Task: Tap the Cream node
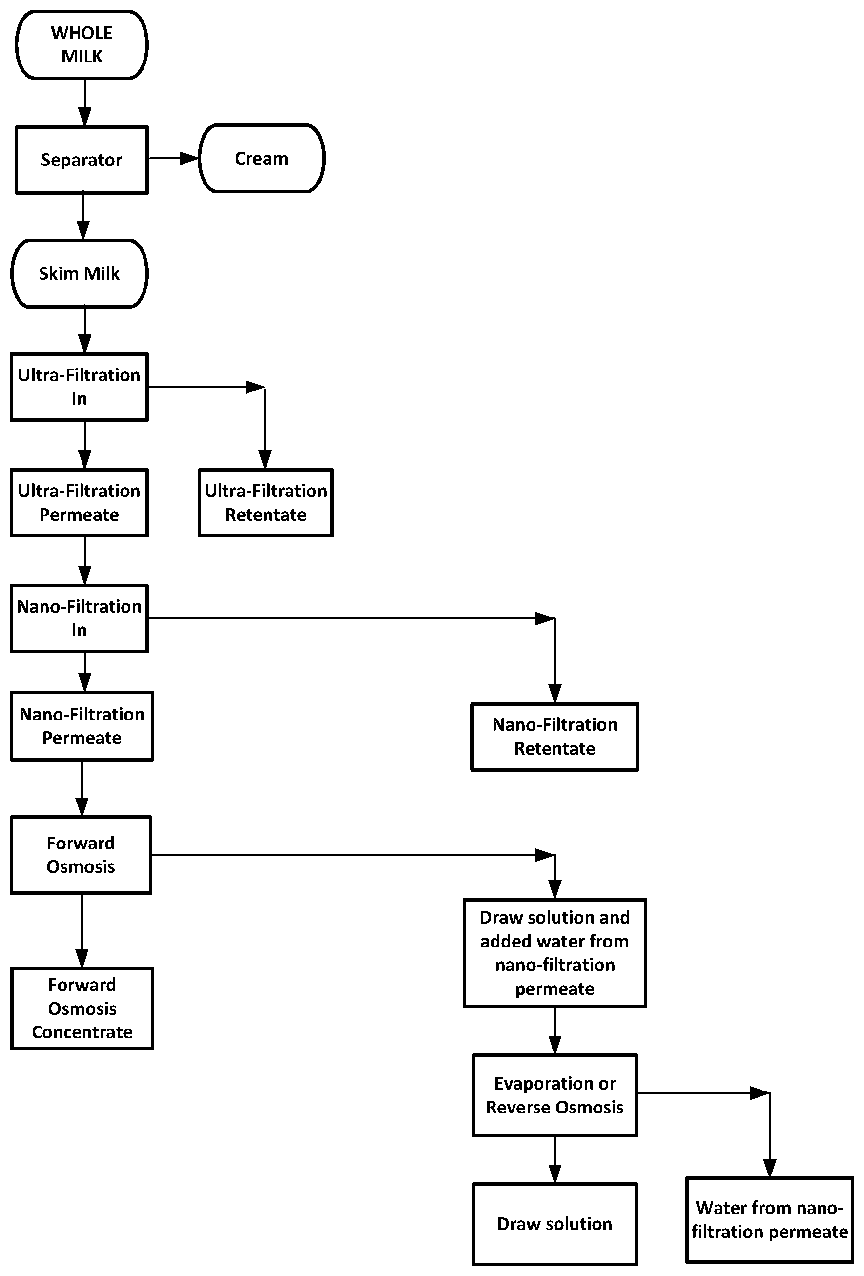(261, 158)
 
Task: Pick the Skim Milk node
(80, 273)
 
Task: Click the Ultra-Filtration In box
(80, 387)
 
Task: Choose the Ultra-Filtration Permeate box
(80, 502)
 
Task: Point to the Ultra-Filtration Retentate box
(266, 502)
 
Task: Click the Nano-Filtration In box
(80, 618)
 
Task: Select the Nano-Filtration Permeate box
(82, 726)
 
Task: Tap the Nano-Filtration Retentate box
(555, 737)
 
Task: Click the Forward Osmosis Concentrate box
(82, 1008)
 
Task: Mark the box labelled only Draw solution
(555, 1224)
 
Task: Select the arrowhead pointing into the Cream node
(189, 158)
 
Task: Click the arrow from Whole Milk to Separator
(84, 103)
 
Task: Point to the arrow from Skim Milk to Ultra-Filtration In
(84, 329)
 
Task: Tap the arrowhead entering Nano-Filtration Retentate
(555, 694)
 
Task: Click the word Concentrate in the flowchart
(82, 1032)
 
